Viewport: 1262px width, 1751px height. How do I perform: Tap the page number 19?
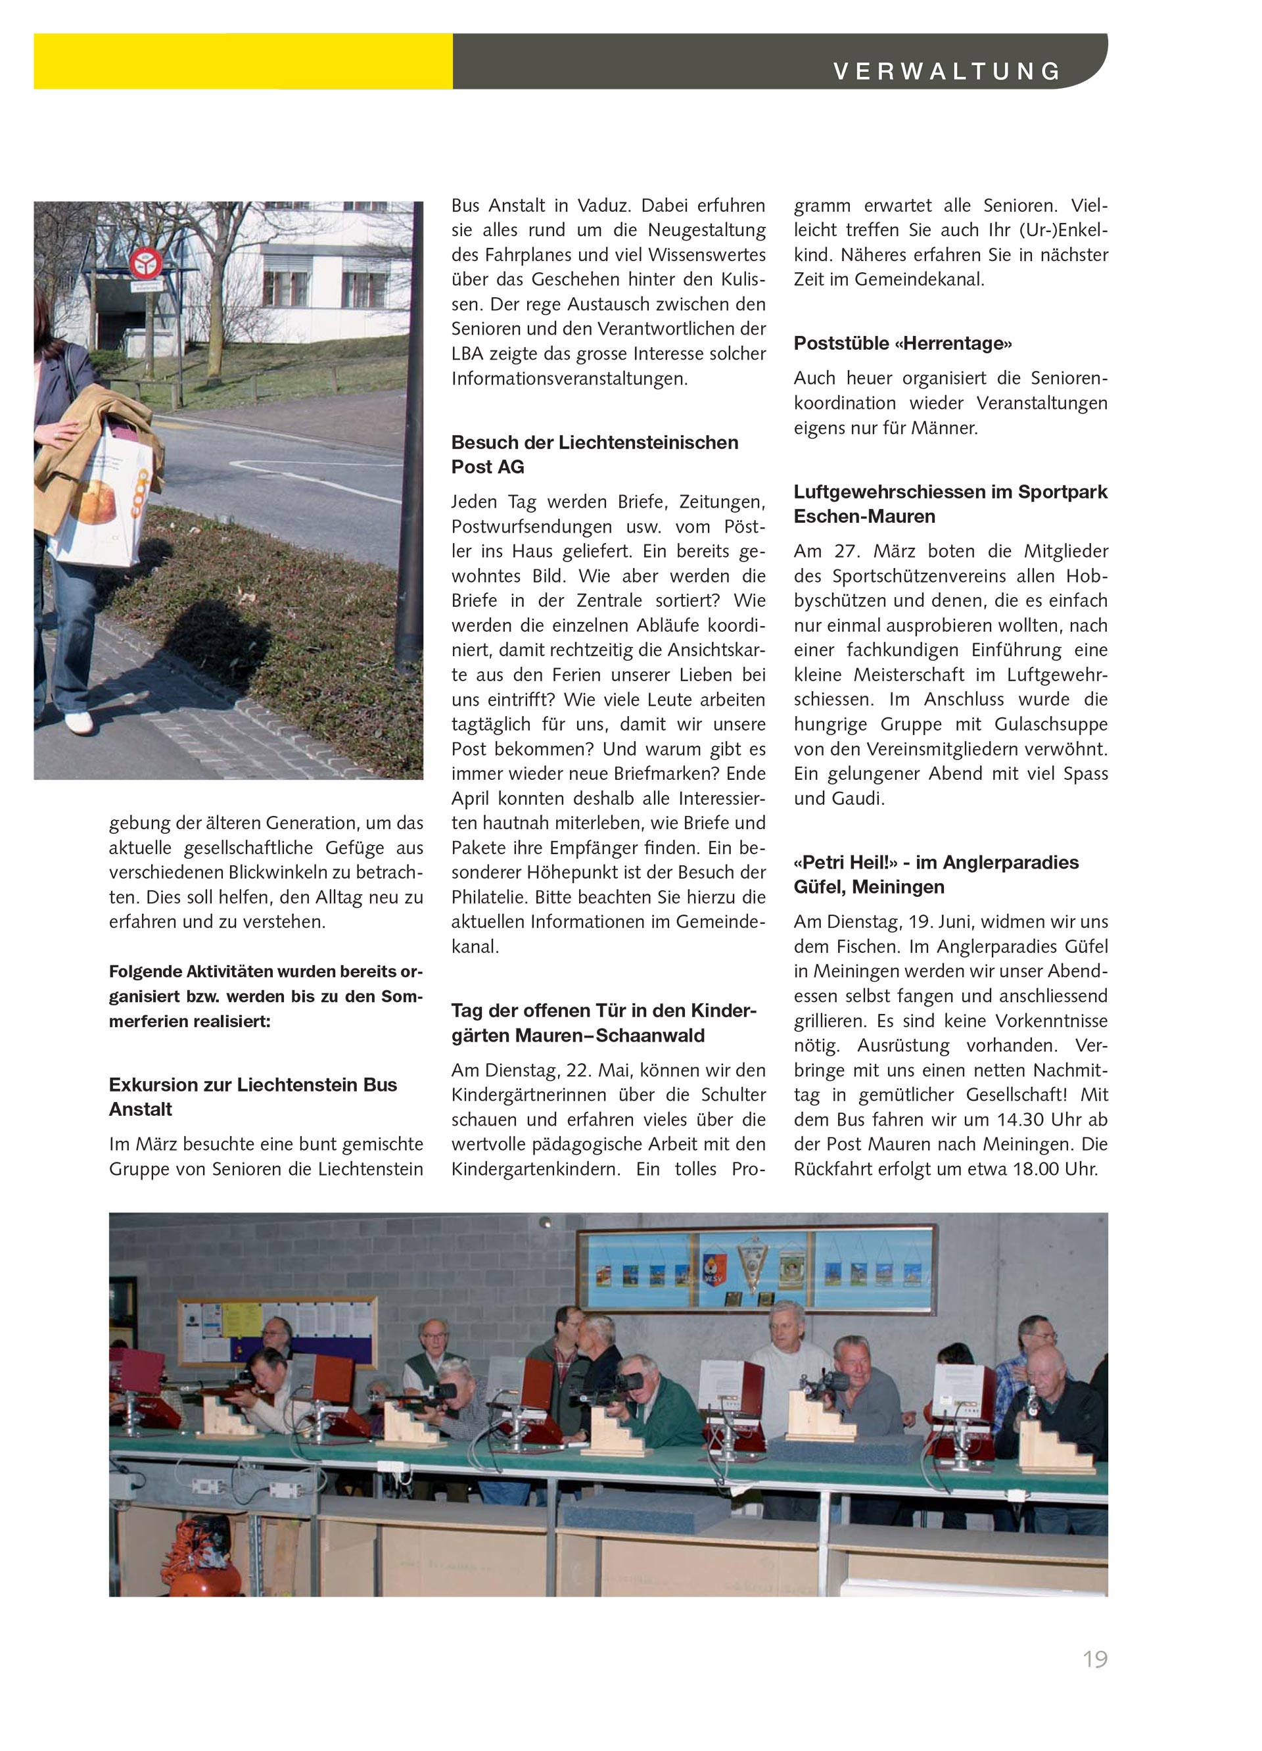tap(1094, 1658)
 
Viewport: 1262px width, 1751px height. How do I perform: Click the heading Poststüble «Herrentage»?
tap(902, 344)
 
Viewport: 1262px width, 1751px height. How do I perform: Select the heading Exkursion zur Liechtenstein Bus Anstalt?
tap(252, 1096)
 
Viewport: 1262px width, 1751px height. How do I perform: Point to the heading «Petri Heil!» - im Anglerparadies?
tap(935, 863)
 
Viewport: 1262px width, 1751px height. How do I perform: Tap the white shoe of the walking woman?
tap(79, 722)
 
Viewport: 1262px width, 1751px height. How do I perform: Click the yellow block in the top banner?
tap(243, 61)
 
